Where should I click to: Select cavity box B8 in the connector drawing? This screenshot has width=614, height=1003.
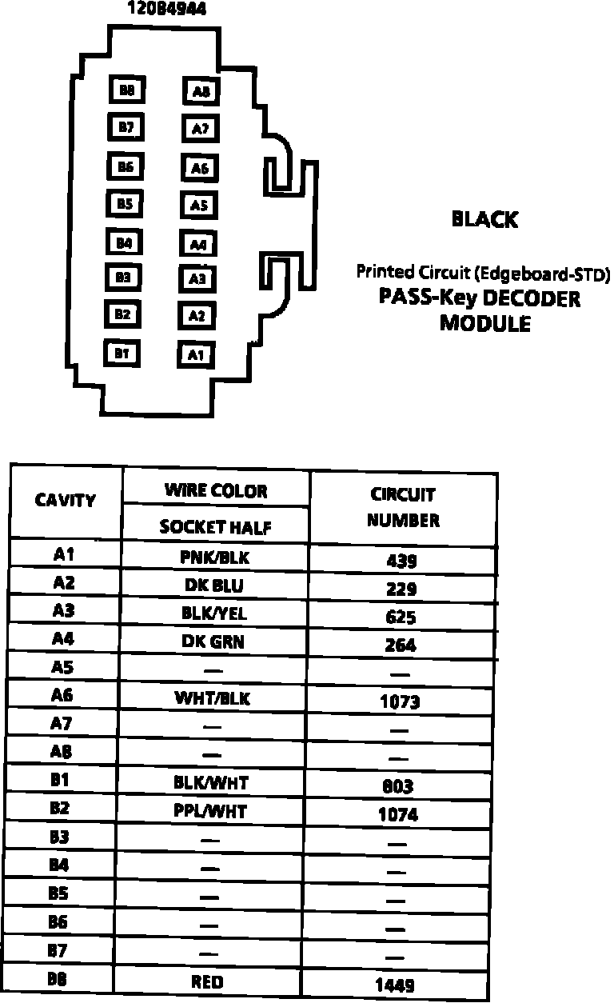pos(126,90)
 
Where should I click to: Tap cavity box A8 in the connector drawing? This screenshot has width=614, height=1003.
pos(201,91)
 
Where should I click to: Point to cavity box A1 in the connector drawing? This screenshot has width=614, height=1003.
pos(196,354)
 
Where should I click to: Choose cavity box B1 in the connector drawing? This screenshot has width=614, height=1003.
pos(122,351)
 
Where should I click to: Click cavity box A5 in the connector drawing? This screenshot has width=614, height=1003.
pos(199,206)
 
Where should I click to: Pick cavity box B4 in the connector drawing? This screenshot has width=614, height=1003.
pos(123,242)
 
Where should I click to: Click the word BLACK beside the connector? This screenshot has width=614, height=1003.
pos(484,219)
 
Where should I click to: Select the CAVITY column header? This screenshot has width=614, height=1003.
pos(66,501)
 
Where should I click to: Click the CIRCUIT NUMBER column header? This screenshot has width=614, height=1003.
pos(403,507)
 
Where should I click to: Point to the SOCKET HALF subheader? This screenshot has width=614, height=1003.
pos(216,527)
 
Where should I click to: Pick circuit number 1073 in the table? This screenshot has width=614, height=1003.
pos(400,702)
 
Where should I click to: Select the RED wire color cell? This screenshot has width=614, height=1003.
pos(208,982)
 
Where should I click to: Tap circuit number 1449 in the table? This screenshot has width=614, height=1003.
pos(395,985)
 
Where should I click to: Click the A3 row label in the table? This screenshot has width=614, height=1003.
pos(63,611)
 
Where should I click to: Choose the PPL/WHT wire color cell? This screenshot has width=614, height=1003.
pos(210,812)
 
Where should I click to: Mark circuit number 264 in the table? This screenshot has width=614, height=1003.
pos(401,645)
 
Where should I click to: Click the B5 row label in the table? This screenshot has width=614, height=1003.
pos(58,893)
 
